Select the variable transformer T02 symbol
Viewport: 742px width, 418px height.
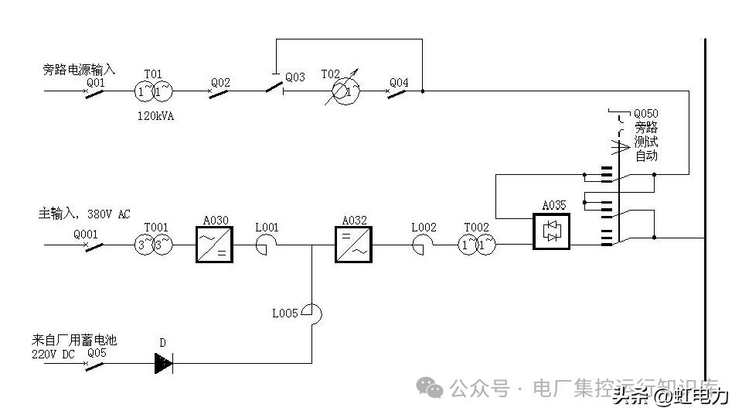click(x=341, y=91)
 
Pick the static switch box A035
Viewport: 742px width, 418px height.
click(x=551, y=231)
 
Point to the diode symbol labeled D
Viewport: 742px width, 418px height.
click(x=163, y=362)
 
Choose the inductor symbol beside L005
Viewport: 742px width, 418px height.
click(x=311, y=313)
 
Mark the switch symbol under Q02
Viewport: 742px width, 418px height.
click(x=220, y=91)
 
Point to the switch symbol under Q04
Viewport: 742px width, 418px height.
click(x=397, y=91)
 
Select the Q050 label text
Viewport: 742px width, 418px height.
click(x=645, y=114)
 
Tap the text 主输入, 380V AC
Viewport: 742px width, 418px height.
click(x=85, y=213)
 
